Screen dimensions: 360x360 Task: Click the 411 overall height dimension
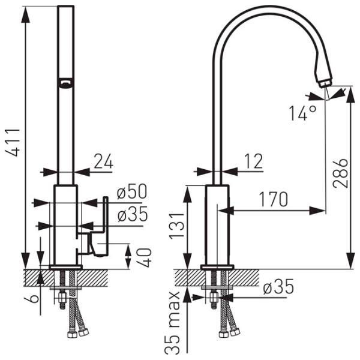click(13, 142)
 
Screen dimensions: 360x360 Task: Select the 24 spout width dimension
click(103, 161)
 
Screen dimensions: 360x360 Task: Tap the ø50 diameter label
click(131, 191)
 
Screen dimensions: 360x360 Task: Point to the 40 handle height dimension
click(145, 257)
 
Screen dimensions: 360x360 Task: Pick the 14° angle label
click(302, 113)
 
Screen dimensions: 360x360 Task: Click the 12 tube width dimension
click(253, 161)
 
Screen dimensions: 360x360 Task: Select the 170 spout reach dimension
click(273, 199)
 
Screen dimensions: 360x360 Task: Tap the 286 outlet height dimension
click(341, 173)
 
